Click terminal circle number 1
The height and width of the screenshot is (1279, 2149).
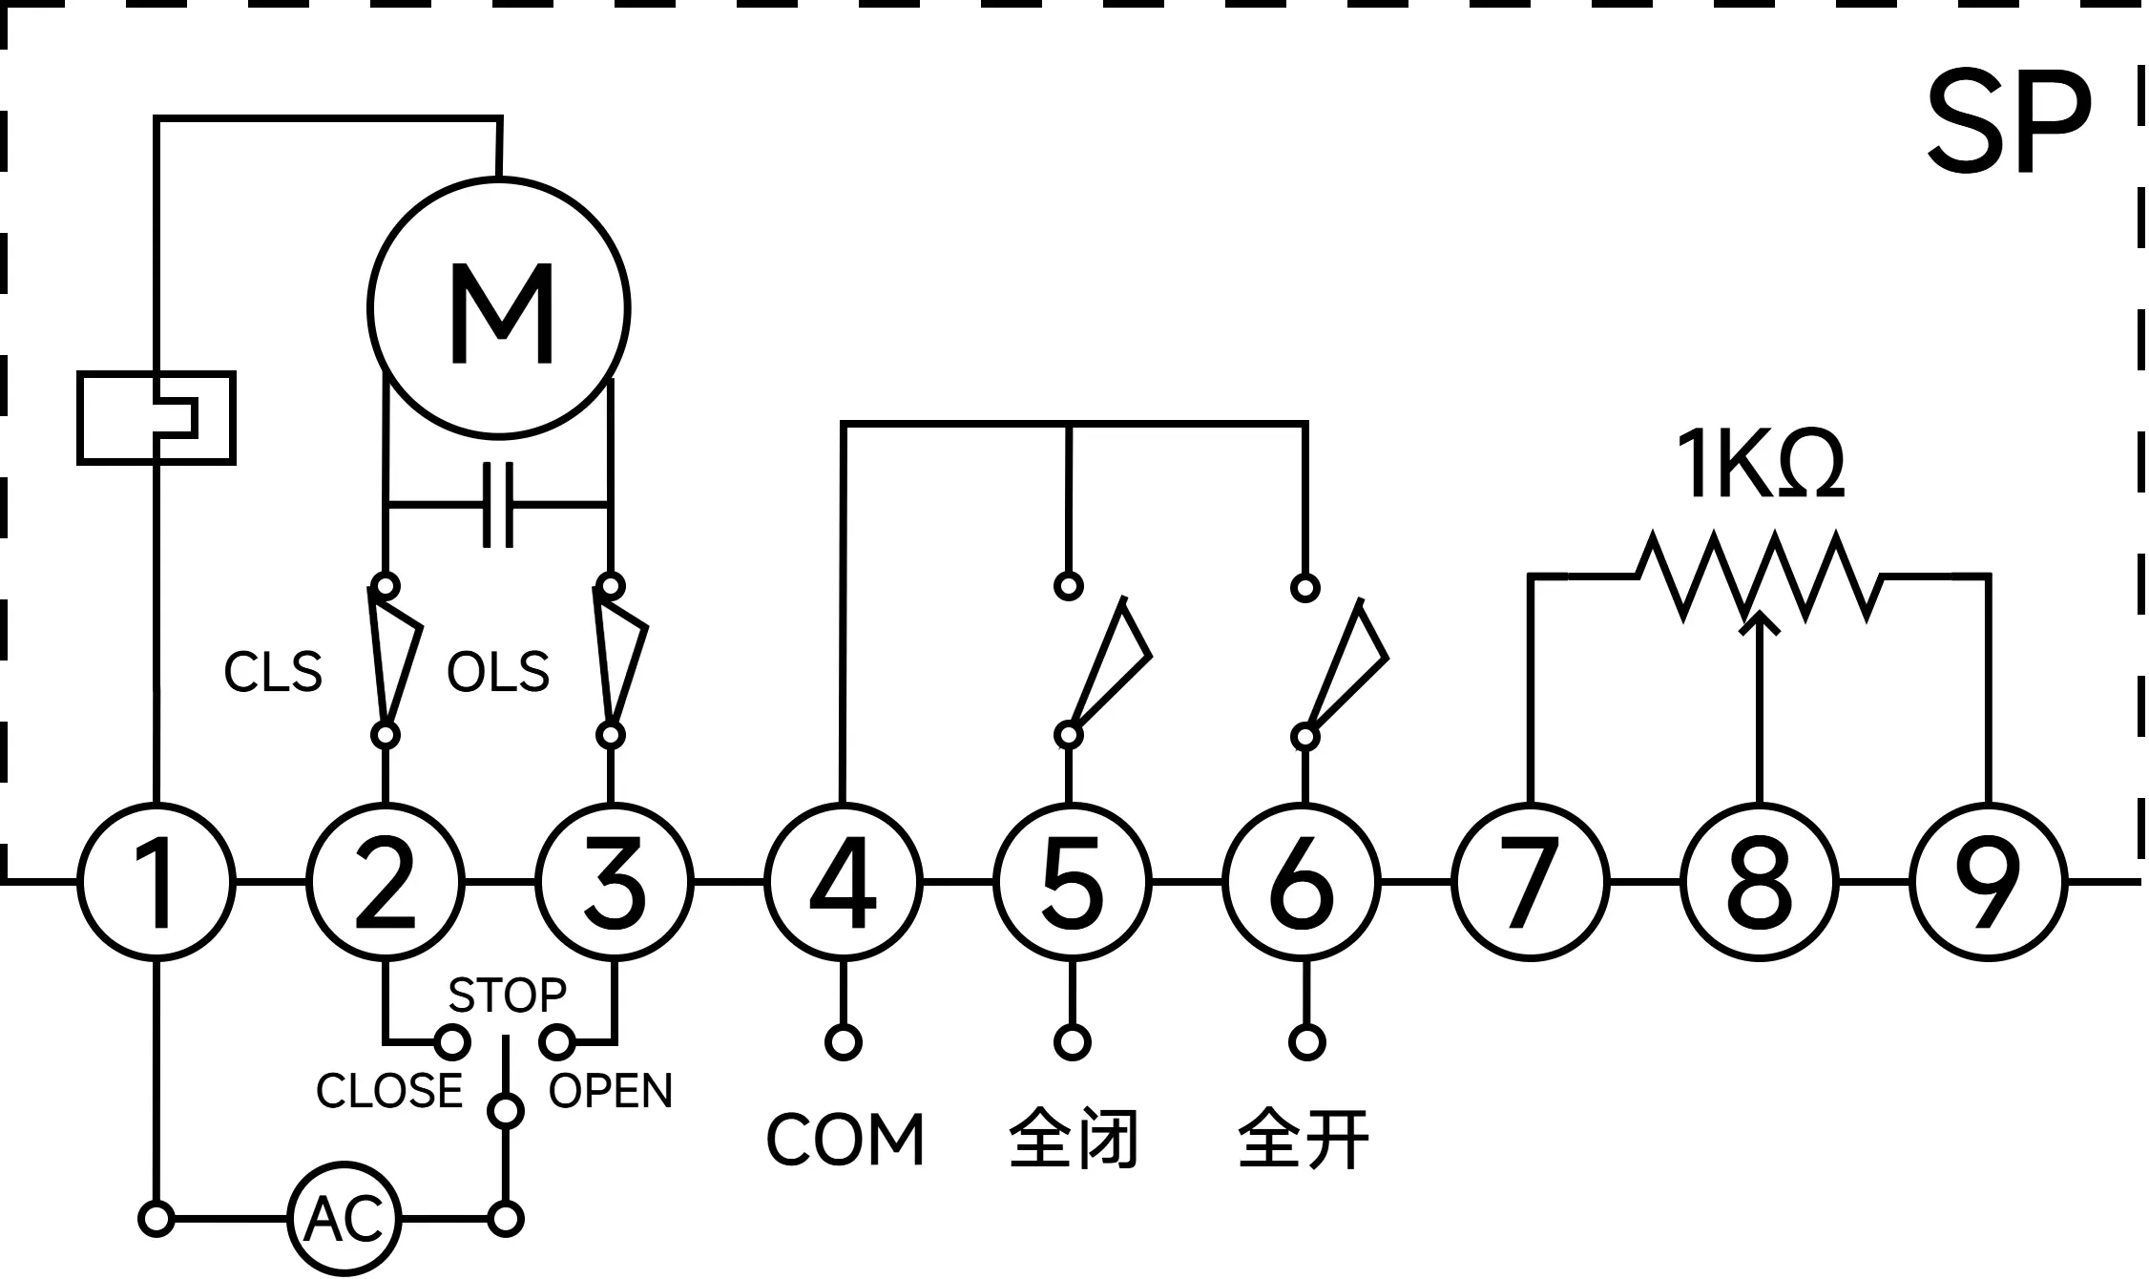(x=156, y=881)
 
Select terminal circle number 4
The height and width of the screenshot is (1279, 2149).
(x=844, y=881)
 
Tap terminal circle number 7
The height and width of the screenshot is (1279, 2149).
(x=1531, y=881)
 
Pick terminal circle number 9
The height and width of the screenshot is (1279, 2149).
(x=1989, y=881)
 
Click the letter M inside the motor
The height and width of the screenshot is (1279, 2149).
(x=502, y=314)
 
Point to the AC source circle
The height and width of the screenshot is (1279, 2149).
(x=344, y=1219)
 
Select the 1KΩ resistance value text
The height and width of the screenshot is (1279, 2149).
(x=1760, y=465)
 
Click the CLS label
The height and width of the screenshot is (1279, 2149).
(x=273, y=672)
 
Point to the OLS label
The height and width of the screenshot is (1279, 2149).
(x=498, y=672)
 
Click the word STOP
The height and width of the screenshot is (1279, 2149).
(x=507, y=996)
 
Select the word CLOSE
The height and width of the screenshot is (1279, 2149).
(x=388, y=1091)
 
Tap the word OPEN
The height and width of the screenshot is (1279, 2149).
(x=611, y=1091)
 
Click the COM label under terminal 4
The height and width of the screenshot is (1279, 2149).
(x=845, y=1140)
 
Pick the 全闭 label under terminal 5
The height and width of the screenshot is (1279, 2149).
(x=1074, y=1139)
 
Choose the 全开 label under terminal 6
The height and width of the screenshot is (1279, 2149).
(x=1304, y=1139)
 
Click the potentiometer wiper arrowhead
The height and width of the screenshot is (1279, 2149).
(x=1760, y=622)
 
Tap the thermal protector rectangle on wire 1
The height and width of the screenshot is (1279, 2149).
(x=156, y=418)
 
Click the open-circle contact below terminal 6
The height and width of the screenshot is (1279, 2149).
(x=1306, y=1042)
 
